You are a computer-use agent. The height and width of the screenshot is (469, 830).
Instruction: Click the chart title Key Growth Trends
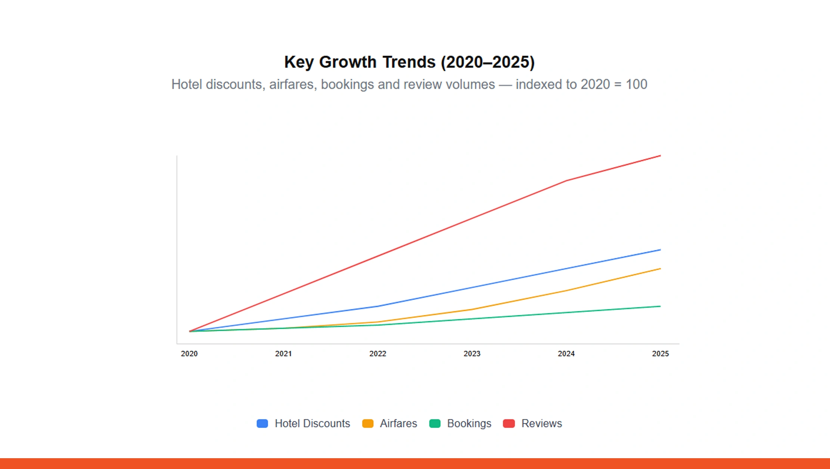tap(409, 62)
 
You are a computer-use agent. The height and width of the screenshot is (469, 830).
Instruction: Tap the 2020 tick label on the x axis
tap(189, 354)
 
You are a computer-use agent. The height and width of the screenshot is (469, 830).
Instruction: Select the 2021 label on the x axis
tap(283, 354)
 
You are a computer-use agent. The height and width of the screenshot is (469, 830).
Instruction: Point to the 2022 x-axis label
tap(378, 354)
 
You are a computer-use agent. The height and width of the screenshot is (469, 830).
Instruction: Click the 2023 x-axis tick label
tap(472, 354)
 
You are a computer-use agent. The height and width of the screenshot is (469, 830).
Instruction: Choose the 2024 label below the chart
tap(566, 354)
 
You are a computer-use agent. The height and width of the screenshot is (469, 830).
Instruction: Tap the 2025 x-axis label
tap(660, 354)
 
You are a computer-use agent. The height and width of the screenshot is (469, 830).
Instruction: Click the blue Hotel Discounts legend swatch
tap(262, 423)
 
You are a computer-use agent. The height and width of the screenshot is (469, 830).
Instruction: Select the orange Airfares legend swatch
tap(368, 423)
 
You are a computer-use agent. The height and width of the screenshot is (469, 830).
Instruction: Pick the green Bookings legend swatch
tap(435, 423)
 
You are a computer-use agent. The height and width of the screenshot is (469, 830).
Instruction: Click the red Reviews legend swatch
tap(509, 423)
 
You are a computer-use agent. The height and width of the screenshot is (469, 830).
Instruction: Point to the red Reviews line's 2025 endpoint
tap(660, 156)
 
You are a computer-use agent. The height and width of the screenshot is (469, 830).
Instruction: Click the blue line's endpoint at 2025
tap(660, 250)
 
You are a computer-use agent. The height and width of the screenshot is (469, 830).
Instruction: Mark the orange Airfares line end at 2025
tap(660, 269)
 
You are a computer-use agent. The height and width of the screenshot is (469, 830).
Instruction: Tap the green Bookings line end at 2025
tap(660, 306)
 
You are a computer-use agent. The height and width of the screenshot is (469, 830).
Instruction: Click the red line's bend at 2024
tap(566, 181)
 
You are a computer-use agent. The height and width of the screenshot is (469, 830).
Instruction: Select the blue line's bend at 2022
tap(378, 306)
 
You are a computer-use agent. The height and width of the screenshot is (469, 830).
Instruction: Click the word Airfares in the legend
tap(398, 423)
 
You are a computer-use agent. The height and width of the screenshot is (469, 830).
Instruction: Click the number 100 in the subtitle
tap(636, 84)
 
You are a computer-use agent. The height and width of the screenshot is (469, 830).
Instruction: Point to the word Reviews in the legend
tap(541, 423)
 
